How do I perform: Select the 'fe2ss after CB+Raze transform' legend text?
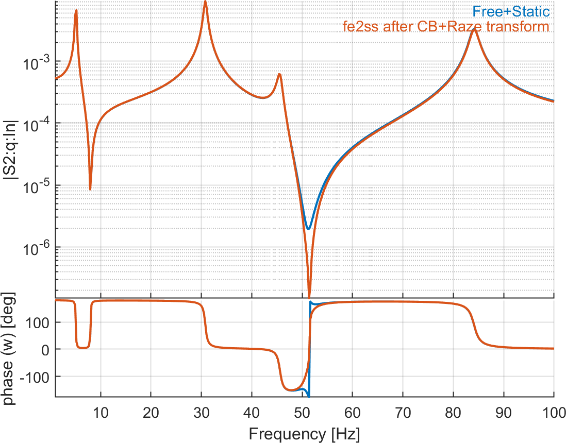[446, 26]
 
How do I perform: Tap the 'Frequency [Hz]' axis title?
[304, 433]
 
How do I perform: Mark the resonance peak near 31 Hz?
[205, 2]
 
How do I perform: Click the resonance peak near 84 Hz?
[475, 30]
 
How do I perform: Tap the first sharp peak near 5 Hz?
[76, 11]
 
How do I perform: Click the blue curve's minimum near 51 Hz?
[308, 228]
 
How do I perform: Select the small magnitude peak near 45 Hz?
[279, 74]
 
